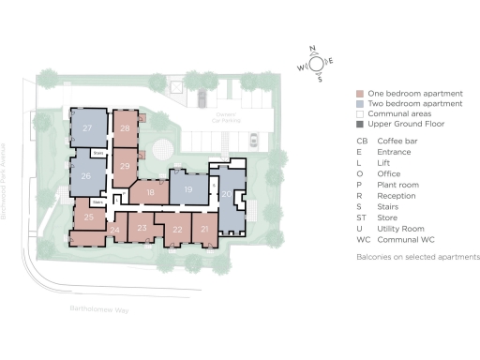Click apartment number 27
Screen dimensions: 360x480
pyautogui.click(x=87, y=127)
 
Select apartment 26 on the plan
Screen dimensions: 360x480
pyautogui.click(x=86, y=175)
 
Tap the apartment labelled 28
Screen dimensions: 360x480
pyautogui.click(x=125, y=128)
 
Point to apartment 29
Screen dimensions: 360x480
pyautogui.click(x=125, y=166)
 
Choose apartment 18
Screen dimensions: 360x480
pyautogui.click(x=150, y=192)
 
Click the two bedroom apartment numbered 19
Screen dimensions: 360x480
pyautogui.click(x=187, y=189)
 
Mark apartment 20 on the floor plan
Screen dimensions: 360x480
pyautogui.click(x=227, y=194)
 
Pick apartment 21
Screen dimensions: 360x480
pyautogui.click(x=204, y=229)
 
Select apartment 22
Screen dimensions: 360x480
pyautogui.click(x=177, y=229)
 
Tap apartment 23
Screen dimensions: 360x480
pyautogui.click(x=142, y=227)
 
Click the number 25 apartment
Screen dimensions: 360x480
pyautogui.click(x=89, y=217)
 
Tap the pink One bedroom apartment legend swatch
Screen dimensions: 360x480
pyautogui.click(x=360, y=94)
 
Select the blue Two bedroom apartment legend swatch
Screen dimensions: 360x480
pyautogui.click(x=360, y=104)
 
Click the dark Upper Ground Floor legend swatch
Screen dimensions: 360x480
pyautogui.click(x=360, y=124)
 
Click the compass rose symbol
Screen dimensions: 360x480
pyautogui.click(x=316, y=64)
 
